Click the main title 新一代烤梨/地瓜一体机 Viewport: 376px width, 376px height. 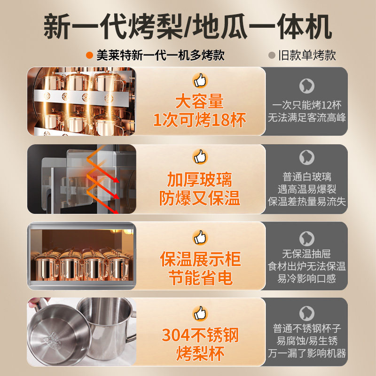(x=188, y=27)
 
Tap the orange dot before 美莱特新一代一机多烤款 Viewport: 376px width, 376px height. (x=89, y=55)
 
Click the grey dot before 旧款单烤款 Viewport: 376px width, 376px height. (x=271, y=55)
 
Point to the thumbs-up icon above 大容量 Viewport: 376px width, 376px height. (x=200, y=80)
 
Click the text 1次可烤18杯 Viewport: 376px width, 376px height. (x=200, y=120)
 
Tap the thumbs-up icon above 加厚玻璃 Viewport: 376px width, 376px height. (x=200, y=157)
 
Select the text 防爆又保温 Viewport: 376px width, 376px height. (x=200, y=198)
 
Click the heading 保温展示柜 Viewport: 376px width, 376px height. (x=200, y=259)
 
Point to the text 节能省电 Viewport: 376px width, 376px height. (x=200, y=277)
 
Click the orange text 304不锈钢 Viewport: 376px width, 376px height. (x=200, y=335)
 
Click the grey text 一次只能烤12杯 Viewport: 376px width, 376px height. (x=307, y=105)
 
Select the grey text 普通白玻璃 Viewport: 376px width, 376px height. (x=307, y=177)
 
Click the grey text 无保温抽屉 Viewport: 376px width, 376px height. (x=307, y=254)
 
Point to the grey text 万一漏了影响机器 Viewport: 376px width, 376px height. (x=307, y=353)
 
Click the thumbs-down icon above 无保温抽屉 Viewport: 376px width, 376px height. (x=307, y=238)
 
